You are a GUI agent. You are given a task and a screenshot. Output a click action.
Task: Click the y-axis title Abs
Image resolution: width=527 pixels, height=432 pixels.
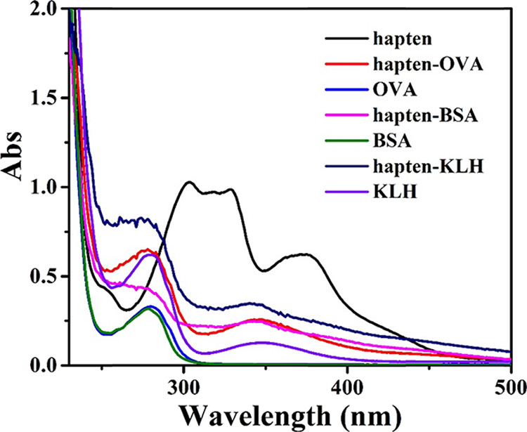click(15, 187)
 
